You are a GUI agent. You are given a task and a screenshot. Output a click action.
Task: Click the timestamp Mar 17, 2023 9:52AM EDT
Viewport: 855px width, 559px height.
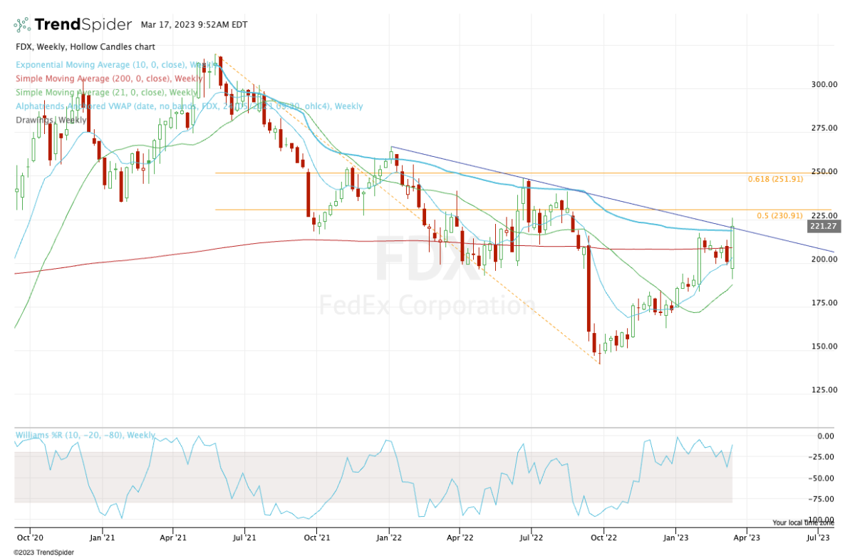click(194, 25)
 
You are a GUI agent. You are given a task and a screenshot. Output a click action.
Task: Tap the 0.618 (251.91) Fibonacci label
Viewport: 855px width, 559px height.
click(775, 179)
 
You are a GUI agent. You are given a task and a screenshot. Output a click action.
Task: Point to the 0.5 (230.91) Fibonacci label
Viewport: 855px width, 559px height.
click(779, 215)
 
